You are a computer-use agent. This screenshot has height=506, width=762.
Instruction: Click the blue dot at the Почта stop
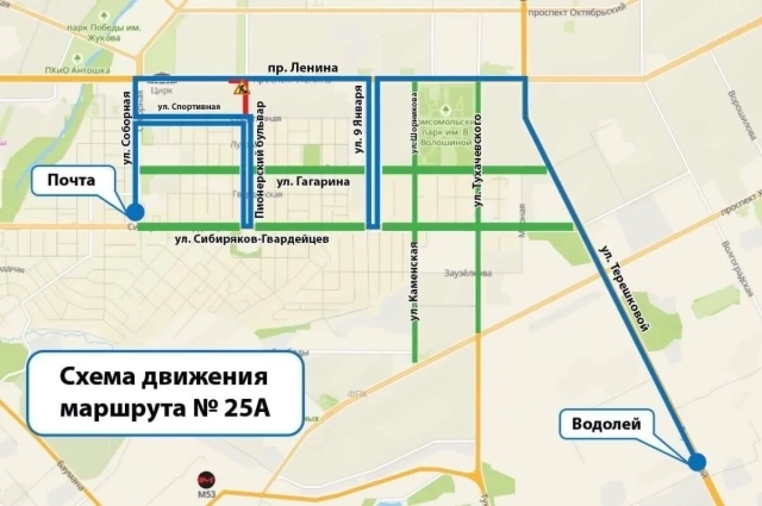click(135, 212)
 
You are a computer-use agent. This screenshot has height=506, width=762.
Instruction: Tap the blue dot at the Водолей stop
click(697, 462)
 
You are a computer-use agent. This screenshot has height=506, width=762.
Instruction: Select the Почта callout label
click(71, 181)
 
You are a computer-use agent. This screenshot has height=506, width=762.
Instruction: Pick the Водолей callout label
click(606, 424)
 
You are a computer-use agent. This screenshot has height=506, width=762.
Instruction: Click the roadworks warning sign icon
click(240, 89)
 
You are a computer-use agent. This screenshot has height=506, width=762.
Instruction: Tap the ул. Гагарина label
click(313, 182)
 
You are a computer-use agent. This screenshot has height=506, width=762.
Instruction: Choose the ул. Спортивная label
click(189, 107)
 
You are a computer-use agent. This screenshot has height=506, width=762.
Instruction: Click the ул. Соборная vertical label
click(126, 128)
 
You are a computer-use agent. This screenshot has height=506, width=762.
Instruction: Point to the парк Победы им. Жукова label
click(95, 32)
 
